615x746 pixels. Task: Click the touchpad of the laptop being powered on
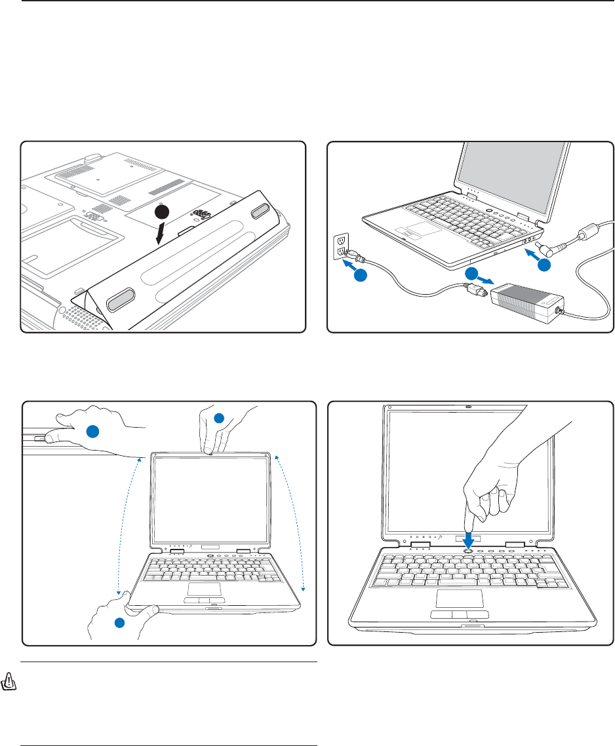point(460,598)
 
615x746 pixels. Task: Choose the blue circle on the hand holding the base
point(120,622)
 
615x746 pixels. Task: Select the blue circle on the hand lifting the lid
point(219,418)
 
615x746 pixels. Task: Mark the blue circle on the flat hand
point(94,430)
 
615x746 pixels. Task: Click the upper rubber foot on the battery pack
point(260,211)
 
